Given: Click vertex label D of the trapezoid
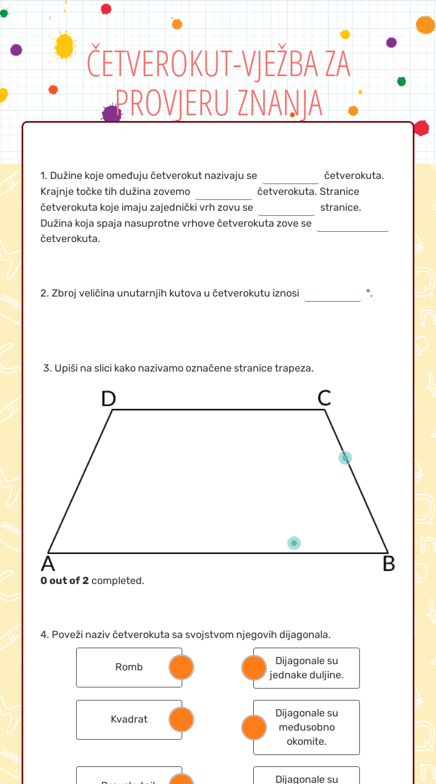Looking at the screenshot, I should (108, 399).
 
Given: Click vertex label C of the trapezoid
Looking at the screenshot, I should (324, 399).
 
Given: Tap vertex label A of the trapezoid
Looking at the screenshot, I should (48, 564).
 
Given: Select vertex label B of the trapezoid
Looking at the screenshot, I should (388, 564).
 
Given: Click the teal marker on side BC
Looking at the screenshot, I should (345, 458).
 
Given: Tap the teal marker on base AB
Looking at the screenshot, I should (294, 543).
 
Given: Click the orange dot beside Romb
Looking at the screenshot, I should (182, 668).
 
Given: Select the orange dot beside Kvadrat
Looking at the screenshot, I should (182, 720).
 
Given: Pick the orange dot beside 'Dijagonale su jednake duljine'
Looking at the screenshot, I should (254, 668).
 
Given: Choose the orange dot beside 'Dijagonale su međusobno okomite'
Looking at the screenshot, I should (254, 727).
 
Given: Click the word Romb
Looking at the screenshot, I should (129, 668).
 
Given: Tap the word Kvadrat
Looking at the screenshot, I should (129, 720).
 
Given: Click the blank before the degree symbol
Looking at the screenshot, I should (333, 294).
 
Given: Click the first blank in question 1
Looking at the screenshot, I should (291, 176).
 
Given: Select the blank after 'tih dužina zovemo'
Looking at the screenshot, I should (223, 191).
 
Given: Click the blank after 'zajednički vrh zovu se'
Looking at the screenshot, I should (286, 207).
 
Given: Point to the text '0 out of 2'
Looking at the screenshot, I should (65, 581).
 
